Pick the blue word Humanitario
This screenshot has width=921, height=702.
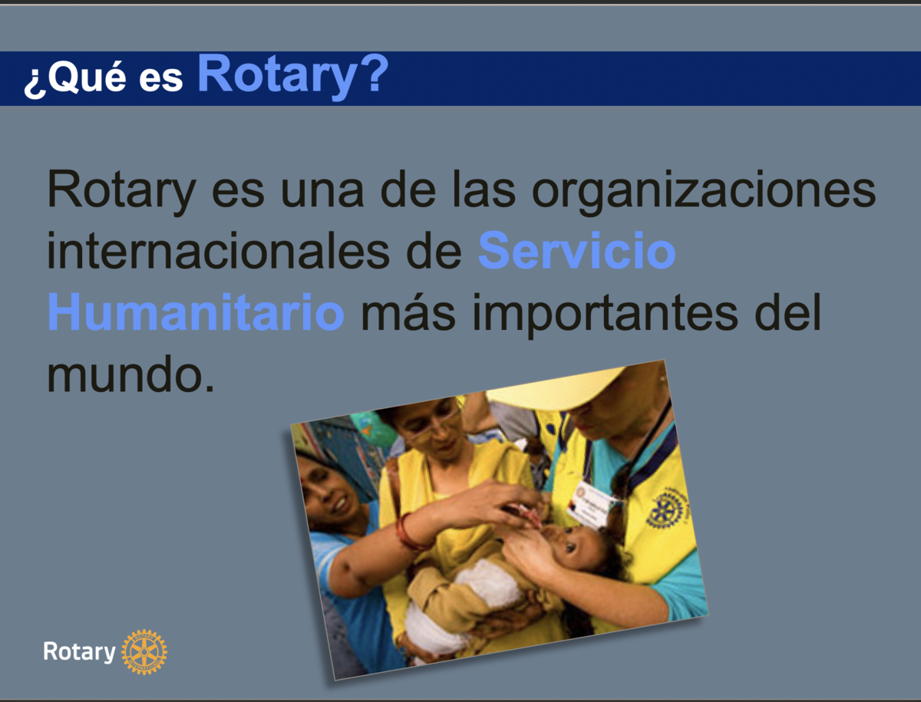click(x=196, y=311)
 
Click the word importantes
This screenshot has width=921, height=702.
click(x=605, y=314)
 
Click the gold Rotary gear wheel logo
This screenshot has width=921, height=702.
click(x=144, y=651)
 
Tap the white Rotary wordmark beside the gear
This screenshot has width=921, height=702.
click(x=79, y=651)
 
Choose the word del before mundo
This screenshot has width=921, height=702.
click(x=787, y=311)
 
